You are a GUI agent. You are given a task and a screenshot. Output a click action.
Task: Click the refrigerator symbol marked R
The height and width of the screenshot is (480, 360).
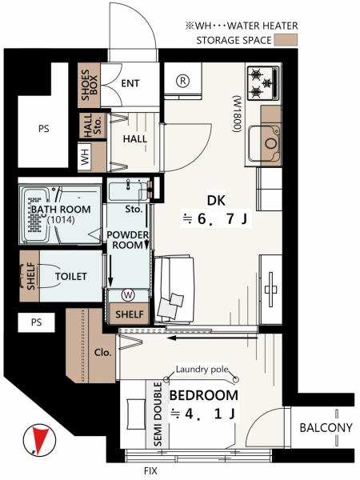183,81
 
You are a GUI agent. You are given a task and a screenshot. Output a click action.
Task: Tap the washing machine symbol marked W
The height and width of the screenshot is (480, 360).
128,295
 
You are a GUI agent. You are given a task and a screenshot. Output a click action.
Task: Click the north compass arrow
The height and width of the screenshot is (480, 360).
40,440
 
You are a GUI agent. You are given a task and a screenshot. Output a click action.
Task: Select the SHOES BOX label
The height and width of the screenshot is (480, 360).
90,85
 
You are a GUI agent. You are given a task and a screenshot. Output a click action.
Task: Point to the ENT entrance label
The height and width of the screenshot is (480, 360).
130,83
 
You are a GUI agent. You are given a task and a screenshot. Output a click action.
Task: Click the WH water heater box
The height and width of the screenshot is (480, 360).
85,157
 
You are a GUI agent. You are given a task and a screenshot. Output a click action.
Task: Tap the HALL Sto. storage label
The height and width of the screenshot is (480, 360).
92,126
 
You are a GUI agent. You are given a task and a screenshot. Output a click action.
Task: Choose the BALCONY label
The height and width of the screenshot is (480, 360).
326,428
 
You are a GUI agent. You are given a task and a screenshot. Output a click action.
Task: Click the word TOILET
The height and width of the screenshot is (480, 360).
70,277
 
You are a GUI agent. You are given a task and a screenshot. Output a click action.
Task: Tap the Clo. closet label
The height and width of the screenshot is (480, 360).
103,352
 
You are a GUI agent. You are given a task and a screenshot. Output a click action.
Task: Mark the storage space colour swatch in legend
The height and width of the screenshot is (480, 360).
286,40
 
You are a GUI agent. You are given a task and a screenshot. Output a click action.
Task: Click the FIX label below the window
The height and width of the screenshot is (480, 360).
150,470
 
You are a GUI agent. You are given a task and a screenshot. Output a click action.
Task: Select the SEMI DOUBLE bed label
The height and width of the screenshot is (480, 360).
158,414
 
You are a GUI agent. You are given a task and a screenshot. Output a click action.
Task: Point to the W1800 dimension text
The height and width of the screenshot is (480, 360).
238,114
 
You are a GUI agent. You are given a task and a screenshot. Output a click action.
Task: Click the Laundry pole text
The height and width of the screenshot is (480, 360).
202,370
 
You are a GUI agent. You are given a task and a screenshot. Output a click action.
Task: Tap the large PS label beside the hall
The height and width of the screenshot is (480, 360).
44,129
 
